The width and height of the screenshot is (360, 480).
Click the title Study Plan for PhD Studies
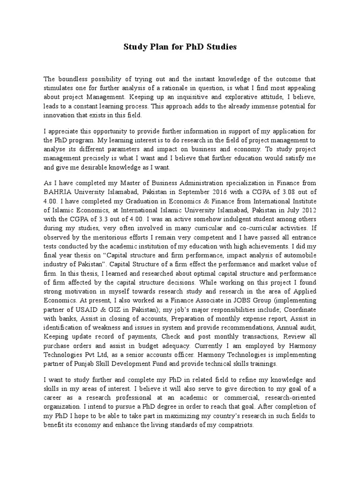[180, 47]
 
